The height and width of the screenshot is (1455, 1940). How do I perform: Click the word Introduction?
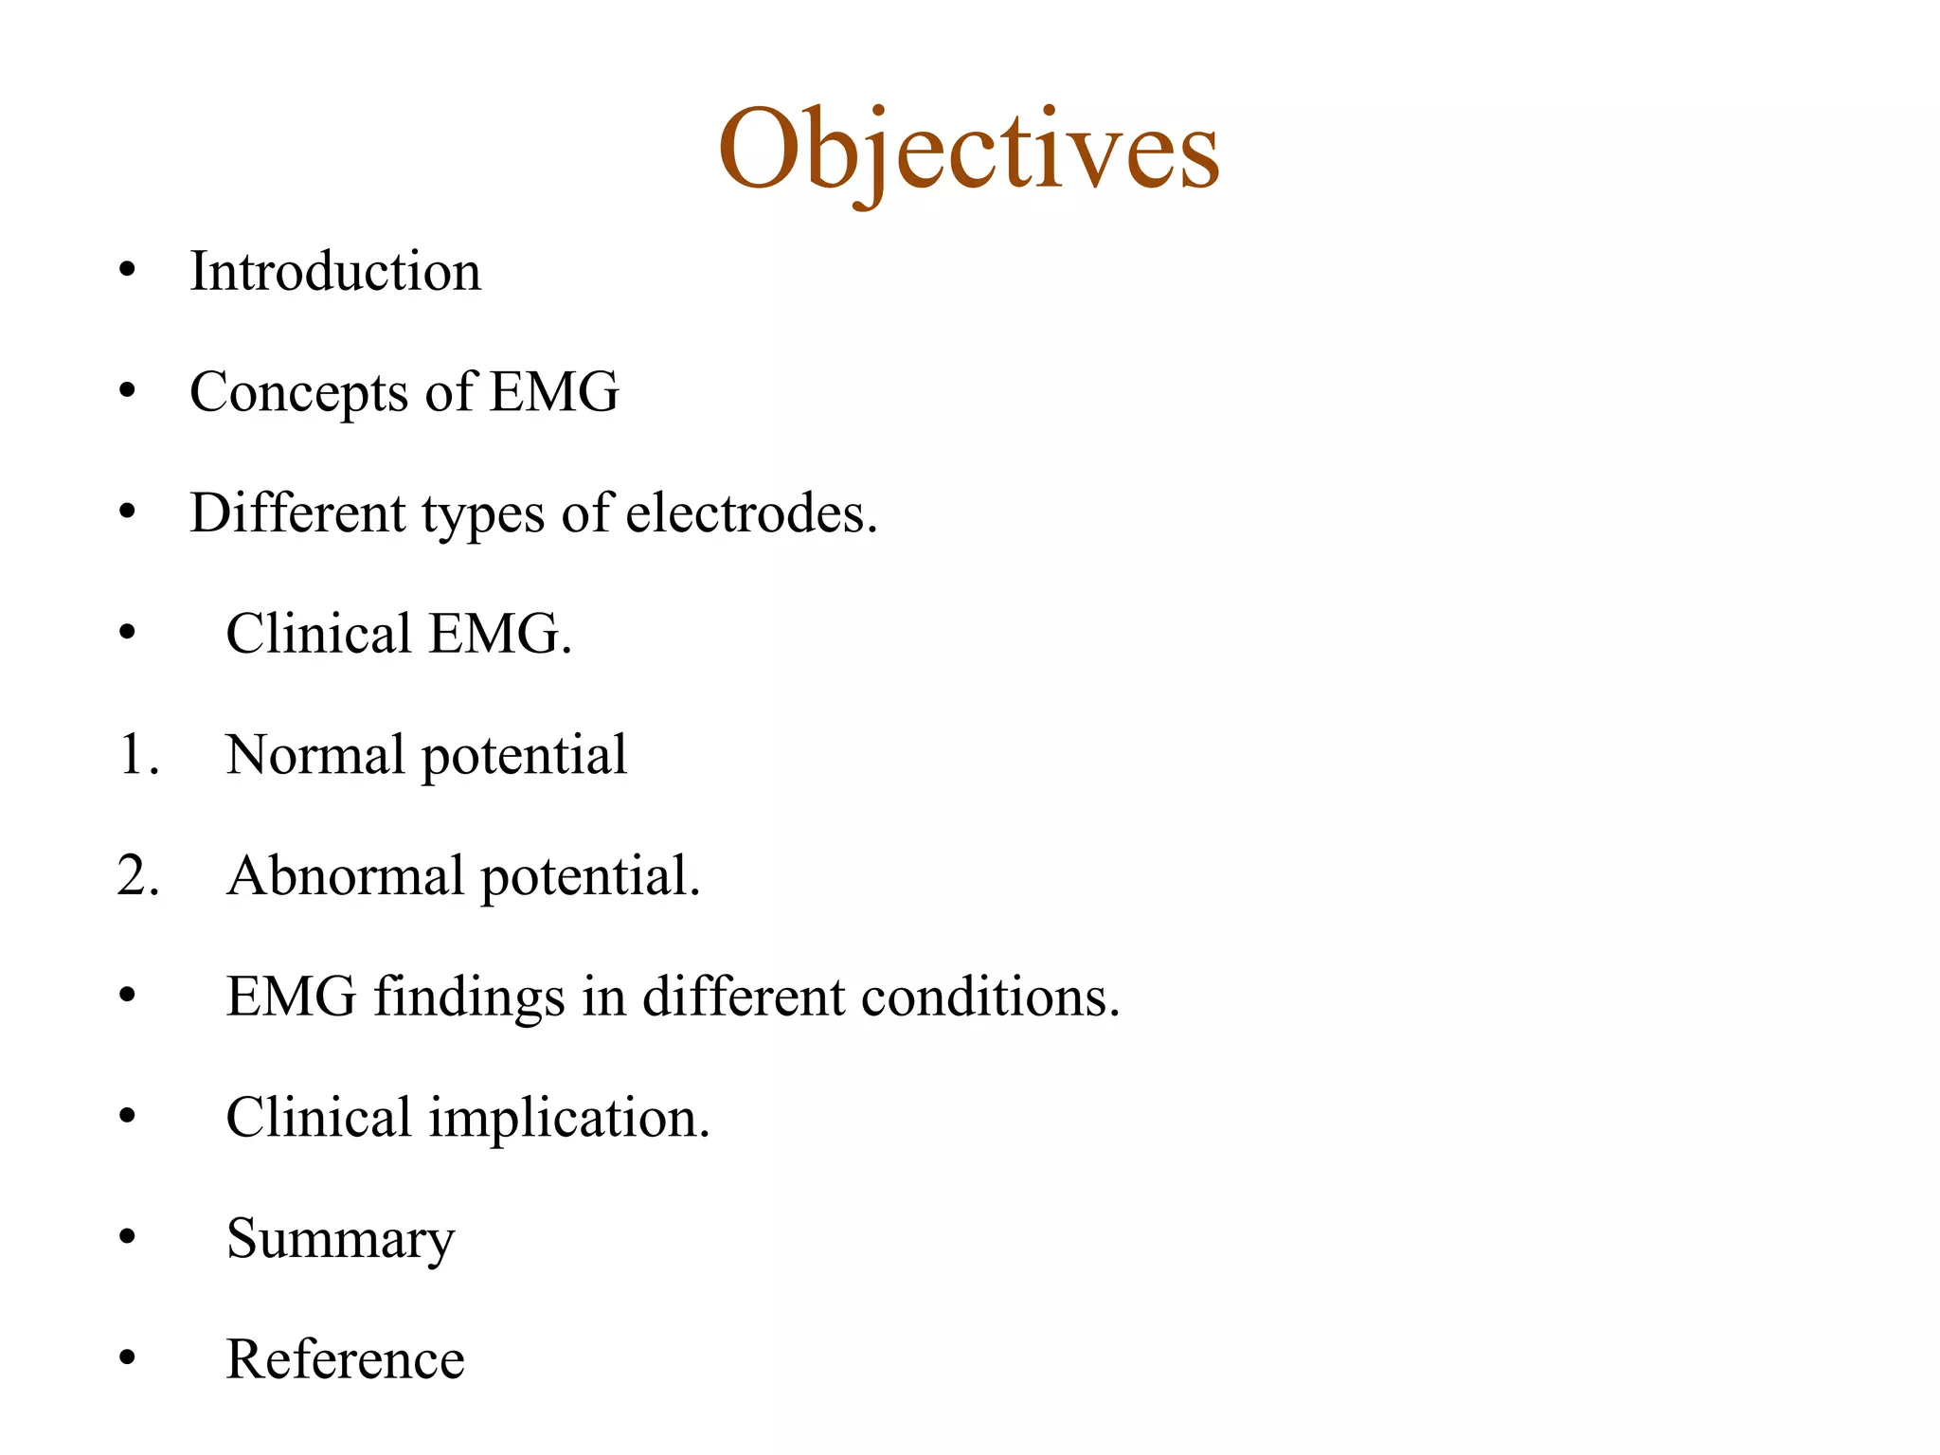pyautogui.click(x=335, y=272)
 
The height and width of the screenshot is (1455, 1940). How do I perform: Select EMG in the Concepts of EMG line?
pyautogui.click(x=554, y=392)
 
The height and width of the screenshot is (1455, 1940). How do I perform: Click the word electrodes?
pyautogui.click(x=751, y=513)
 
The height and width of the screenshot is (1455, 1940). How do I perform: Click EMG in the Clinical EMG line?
pyautogui.click(x=499, y=634)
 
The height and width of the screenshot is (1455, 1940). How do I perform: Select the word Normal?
pyautogui.click(x=315, y=755)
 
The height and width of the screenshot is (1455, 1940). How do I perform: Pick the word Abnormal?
pyautogui.click(x=346, y=875)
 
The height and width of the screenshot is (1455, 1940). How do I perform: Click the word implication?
pyautogui.click(x=568, y=1118)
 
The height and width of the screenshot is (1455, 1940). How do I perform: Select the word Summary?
pyautogui.click(x=341, y=1239)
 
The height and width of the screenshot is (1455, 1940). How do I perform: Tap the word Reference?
pyautogui.click(x=346, y=1359)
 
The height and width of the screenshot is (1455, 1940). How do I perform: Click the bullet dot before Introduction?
pyautogui.click(x=128, y=272)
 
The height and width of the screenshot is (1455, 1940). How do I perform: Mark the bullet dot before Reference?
pyautogui.click(x=128, y=1358)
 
